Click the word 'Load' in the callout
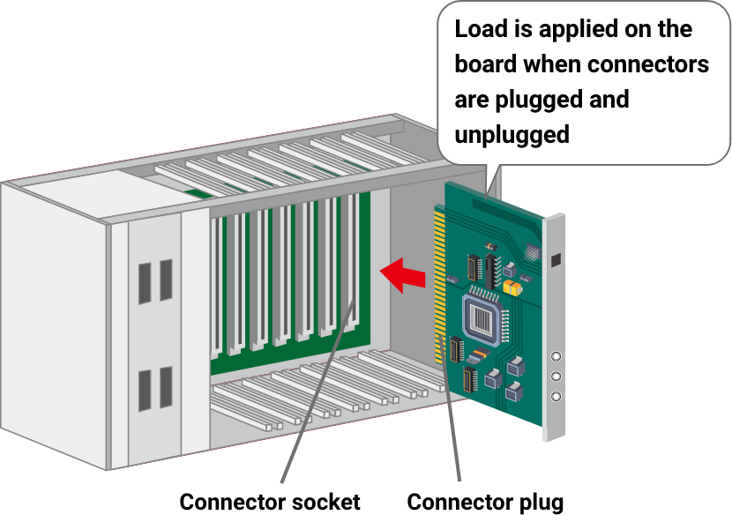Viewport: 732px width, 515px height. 480,29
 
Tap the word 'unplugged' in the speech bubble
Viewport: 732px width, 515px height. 512,134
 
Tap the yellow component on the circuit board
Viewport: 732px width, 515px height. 511,287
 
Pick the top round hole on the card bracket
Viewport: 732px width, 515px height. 556,357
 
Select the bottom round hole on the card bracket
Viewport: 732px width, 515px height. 556,396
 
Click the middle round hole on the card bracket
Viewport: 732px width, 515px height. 556,377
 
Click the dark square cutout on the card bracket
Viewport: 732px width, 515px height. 556,260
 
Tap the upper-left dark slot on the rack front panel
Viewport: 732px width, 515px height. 144,281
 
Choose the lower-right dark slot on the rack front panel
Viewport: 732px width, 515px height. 166,388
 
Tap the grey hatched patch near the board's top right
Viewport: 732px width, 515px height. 532,251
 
